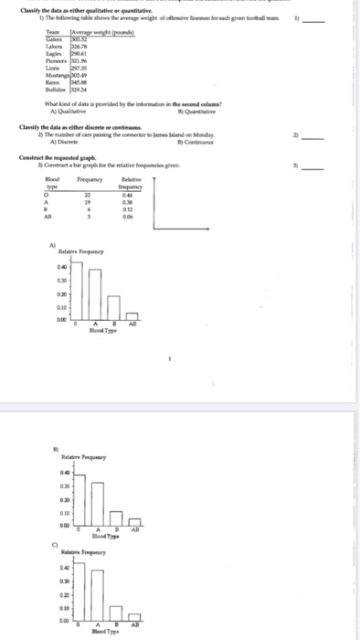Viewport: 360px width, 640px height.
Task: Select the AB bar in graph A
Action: tap(133, 317)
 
